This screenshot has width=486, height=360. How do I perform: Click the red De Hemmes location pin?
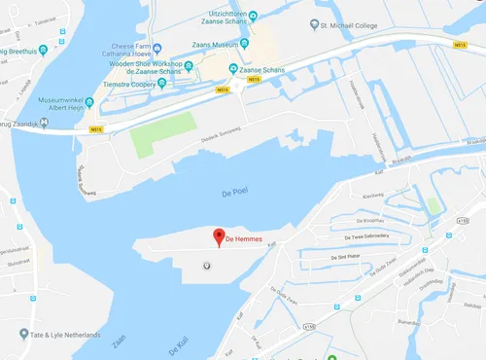(220, 236)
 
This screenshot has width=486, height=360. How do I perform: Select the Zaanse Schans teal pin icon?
(233, 69)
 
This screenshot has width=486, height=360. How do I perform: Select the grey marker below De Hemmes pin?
(205, 265)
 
